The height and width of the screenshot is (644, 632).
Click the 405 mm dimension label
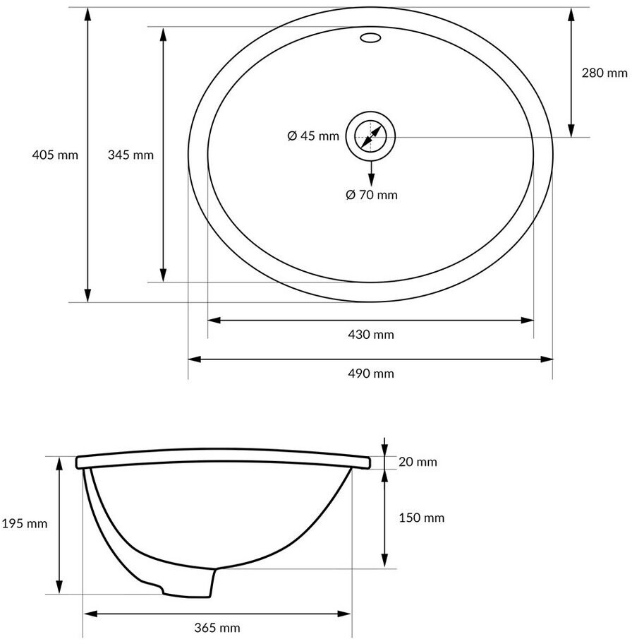point(55,155)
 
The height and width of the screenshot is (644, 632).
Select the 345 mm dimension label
point(130,155)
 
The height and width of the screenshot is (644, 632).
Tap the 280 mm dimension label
point(604,73)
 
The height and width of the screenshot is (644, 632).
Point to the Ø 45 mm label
point(313,136)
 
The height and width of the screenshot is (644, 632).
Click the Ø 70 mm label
point(372,195)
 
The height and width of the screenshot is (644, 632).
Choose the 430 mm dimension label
point(371,335)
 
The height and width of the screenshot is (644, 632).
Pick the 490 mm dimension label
point(371,374)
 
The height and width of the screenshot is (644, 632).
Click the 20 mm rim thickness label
point(418,462)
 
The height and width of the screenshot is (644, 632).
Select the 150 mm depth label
point(422,518)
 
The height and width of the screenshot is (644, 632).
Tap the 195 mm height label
point(25,524)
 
